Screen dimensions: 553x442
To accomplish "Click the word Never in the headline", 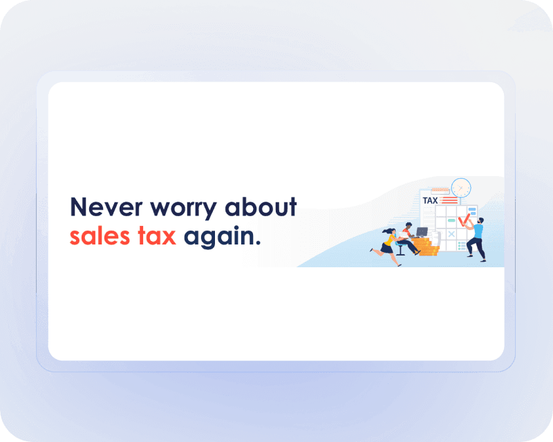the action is click(106, 207).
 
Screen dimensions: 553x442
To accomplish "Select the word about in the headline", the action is click(261, 206).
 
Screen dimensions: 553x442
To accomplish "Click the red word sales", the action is click(100, 236).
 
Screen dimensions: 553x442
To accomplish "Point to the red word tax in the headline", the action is click(157, 236).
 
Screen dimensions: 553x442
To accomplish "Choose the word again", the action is click(222, 237).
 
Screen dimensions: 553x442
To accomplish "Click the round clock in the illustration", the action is click(461, 188).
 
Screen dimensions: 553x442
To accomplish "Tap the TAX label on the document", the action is click(430, 200).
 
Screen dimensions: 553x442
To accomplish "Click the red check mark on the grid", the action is click(464, 220).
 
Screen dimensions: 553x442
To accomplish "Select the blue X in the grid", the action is click(451, 233).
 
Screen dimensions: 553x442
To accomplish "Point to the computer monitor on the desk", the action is click(422, 232).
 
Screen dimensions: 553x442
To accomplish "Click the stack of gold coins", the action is click(426, 247).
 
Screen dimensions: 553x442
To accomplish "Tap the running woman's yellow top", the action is click(390, 240).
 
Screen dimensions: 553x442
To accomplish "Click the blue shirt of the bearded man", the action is click(478, 231).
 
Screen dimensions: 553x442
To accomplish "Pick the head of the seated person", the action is click(409, 225).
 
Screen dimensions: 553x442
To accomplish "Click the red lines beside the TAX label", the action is click(449, 200).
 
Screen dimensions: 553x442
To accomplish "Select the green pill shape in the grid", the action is click(451, 220).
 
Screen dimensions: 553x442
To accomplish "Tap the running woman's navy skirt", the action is click(387, 249).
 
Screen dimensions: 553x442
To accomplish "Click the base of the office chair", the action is click(401, 253).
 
